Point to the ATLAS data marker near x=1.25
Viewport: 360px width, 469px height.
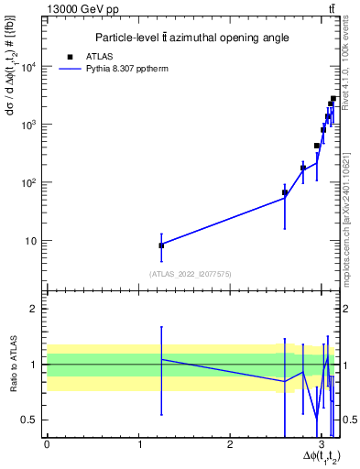[161, 245]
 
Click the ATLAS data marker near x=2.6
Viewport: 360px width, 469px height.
[285, 193]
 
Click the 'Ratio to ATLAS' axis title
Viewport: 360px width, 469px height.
[12, 365]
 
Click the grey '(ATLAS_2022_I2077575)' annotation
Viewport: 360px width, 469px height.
[191, 273]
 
